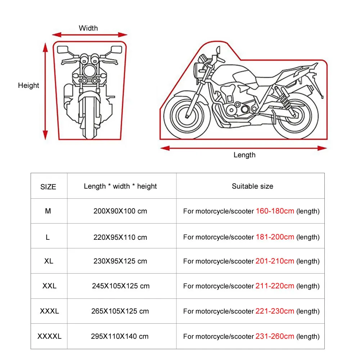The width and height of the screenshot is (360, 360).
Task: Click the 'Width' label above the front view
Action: click(x=88, y=28)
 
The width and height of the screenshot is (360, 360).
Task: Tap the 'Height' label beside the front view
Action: click(x=28, y=85)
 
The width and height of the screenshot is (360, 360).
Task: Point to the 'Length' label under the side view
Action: click(x=244, y=155)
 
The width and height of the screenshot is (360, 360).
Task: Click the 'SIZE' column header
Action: click(x=48, y=186)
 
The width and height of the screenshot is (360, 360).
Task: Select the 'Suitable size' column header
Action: click(x=252, y=186)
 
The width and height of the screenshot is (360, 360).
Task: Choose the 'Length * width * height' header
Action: click(x=120, y=186)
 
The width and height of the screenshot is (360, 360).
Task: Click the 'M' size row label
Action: click(x=48, y=211)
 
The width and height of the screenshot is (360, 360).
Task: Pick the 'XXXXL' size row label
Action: click(x=49, y=336)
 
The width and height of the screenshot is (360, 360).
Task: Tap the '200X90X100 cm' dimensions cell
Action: click(x=120, y=211)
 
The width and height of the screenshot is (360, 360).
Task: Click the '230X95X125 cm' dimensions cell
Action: click(x=120, y=261)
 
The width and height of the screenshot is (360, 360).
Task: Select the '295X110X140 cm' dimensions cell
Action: click(x=120, y=336)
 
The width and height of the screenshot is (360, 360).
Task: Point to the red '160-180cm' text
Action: click(x=275, y=211)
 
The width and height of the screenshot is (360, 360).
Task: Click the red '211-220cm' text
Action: click(x=275, y=286)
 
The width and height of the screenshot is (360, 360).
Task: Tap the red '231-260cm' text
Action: click(x=275, y=336)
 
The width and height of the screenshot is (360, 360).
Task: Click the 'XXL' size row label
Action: click(x=49, y=286)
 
